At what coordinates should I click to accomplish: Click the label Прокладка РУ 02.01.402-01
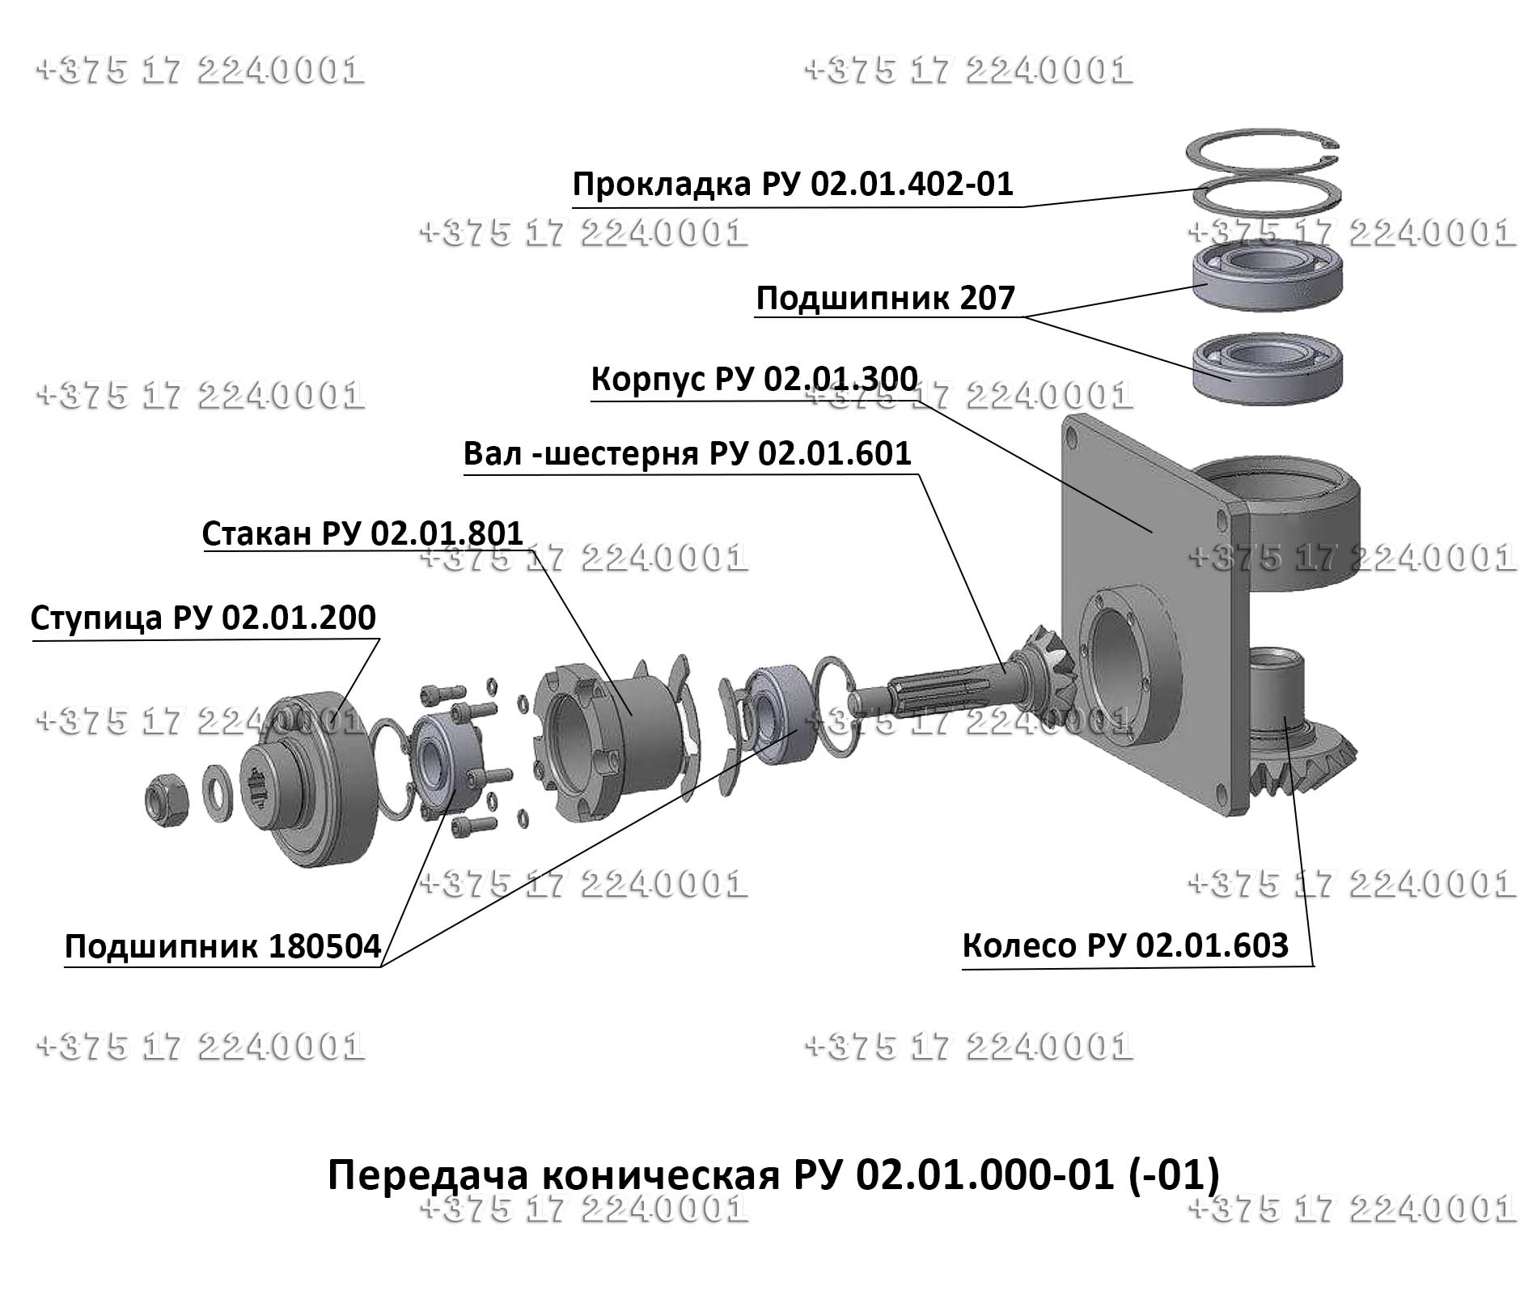792,185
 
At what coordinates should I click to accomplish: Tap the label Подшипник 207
884,299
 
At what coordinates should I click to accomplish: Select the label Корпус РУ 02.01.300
754,379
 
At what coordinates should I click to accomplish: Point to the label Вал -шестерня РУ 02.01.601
688,453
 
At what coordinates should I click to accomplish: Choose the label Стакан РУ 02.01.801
362,533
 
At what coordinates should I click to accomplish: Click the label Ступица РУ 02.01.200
203,618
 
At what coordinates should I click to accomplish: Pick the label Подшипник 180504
222,945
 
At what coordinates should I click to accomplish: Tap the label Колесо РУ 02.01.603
1124,945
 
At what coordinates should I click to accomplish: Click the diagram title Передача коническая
773,1175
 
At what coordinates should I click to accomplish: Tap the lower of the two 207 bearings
1268,368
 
